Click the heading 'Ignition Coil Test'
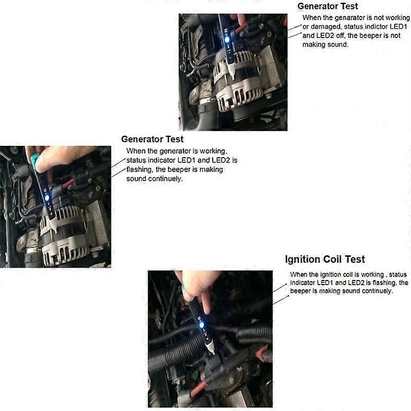tap(325, 259)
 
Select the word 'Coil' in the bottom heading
tap(326, 259)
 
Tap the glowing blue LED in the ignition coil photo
tap(202, 325)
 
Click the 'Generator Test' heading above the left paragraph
tap(152, 139)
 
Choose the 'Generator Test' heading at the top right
tap(328, 6)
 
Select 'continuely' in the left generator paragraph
tap(165, 179)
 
